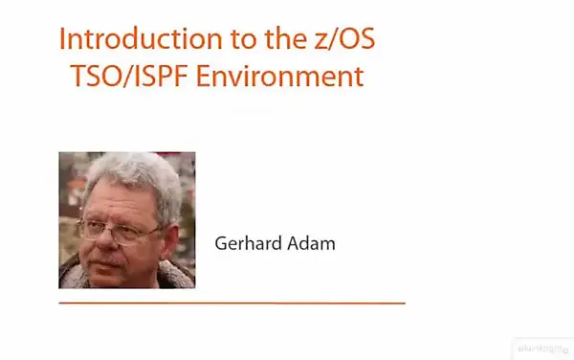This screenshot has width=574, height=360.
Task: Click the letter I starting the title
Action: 62,40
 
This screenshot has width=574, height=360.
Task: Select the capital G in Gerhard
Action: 220,244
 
